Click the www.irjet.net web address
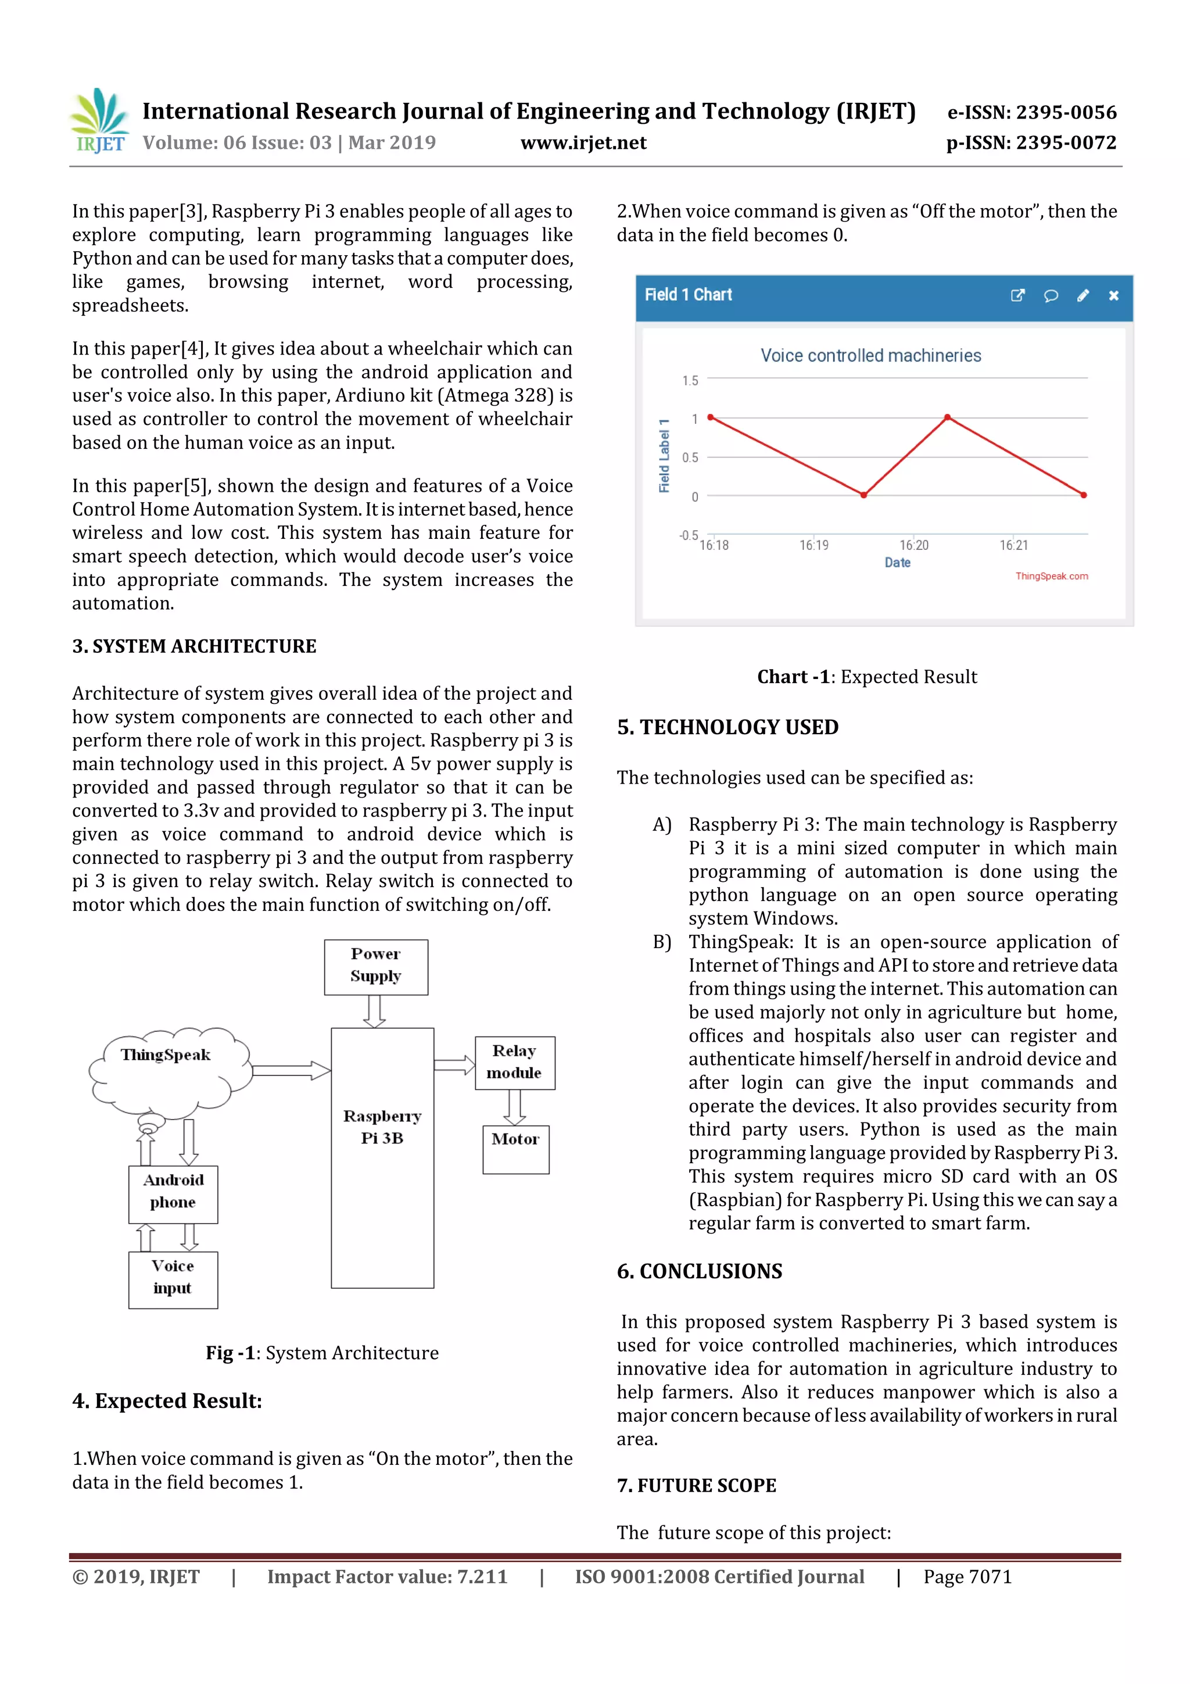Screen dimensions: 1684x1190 (583, 142)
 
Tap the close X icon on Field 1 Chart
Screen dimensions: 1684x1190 (1113, 295)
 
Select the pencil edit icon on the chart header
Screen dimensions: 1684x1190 (1083, 295)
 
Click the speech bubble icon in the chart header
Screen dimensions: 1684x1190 (1050, 295)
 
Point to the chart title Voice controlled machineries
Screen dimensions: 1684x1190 (870, 356)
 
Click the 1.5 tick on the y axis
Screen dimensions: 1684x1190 (690, 381)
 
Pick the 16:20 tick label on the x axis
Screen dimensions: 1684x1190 (913, 545)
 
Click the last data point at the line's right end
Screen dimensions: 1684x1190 (1084, 495)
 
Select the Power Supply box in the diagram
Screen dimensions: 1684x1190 (375, 966)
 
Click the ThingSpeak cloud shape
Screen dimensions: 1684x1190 (168, 1067)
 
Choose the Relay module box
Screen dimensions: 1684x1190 (514, 1062)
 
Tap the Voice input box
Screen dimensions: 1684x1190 (173, 1279)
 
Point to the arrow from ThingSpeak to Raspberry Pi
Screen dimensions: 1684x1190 (291, 1070)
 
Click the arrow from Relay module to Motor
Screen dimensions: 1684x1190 (515, 1107)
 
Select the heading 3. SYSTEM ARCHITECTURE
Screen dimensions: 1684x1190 (194, 646)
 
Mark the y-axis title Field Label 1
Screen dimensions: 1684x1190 (664, 456)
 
